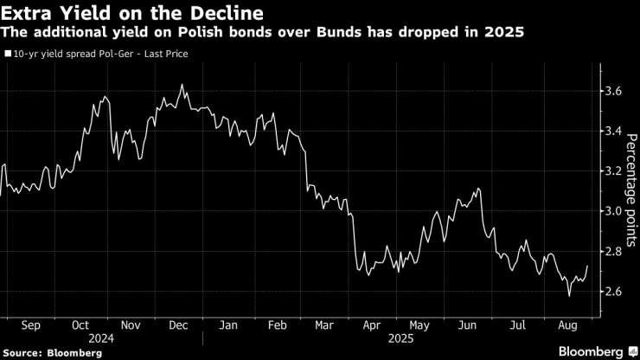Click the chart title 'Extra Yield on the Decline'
coord(131,14)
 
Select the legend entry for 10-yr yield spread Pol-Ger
coord(96,53)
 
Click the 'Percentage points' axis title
coord(631,191)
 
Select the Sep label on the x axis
coord(30,327)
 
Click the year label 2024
coord(102,340)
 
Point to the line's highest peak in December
coord(182,85)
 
